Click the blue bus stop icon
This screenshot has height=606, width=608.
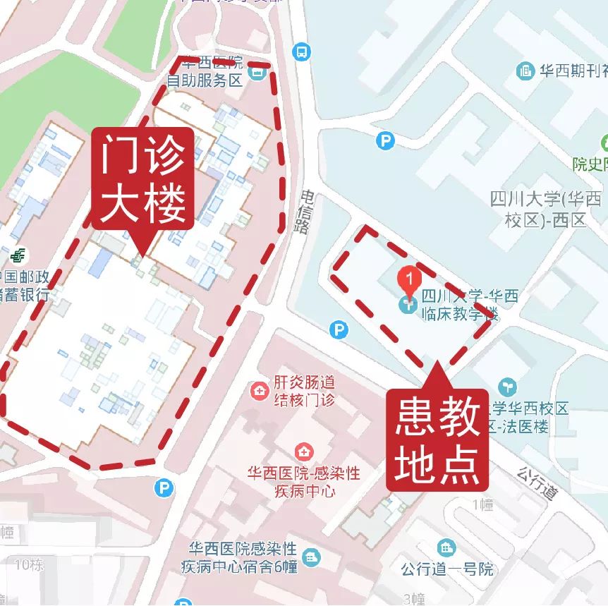pos(302,51)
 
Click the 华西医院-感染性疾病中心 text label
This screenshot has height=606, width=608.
pos(303,482)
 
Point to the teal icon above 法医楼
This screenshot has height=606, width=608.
pos(507,387)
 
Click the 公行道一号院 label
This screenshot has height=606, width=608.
pos(447,569)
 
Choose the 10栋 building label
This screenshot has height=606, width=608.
pos(28,564)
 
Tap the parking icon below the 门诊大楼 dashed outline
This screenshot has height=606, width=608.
pos(164,487)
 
